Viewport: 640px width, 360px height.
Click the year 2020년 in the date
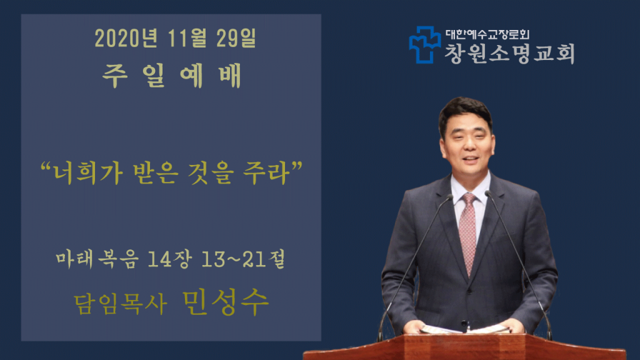(126, 38)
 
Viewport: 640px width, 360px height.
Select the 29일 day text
(236, 38)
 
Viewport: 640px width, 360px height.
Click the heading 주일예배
(172, 76)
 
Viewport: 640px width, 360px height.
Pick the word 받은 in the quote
(156, 172)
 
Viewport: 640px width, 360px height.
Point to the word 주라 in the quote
(266, 172)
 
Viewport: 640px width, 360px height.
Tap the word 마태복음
(97, 259)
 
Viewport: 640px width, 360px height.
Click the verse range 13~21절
(243, 259)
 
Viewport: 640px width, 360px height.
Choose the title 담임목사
(121, 304)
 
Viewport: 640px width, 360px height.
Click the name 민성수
(225, 302)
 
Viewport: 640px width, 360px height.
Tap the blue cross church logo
(425, 45)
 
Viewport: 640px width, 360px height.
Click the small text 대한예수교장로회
(487, 34)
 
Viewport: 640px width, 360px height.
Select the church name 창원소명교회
(510, 53)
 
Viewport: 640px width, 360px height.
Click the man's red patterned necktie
(467, 232)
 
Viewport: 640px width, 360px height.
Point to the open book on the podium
(465, 329)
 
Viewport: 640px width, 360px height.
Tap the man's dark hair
(464, 109)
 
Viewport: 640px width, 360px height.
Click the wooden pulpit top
(464, 347)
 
